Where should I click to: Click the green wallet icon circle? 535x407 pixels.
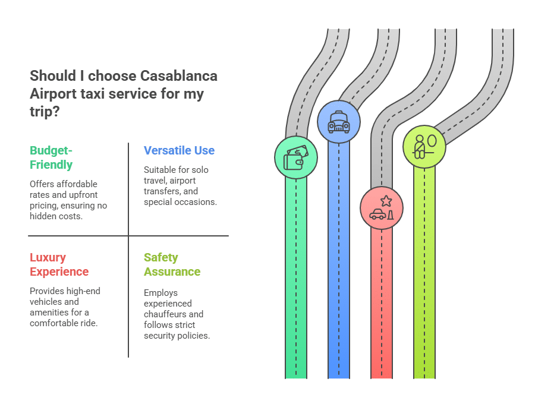pyautogui.click(x=296, y=157)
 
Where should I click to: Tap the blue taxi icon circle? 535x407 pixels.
pyautogui.click(x=339, y=122)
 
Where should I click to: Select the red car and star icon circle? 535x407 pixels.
pyautogui.click(x=382, y=208)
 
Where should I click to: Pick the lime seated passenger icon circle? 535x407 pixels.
pyautogui.click(x=424, y=146)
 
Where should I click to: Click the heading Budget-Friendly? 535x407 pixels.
pyautogui.click(x=51, y=157)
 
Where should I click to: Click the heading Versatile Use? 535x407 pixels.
pyautogui.click(x=179, y=150)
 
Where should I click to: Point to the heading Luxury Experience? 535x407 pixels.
pyautogui.click(x=59, y=264)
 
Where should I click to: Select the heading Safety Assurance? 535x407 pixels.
pyautogui.click(x=172, y=264)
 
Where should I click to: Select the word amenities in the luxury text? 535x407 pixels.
pyautogui.click(x=46, y=313)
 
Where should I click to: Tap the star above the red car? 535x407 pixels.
pyautogui.click(x=386, y=200)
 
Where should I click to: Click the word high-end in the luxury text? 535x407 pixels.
pyautogui.click(x=83, y=291)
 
